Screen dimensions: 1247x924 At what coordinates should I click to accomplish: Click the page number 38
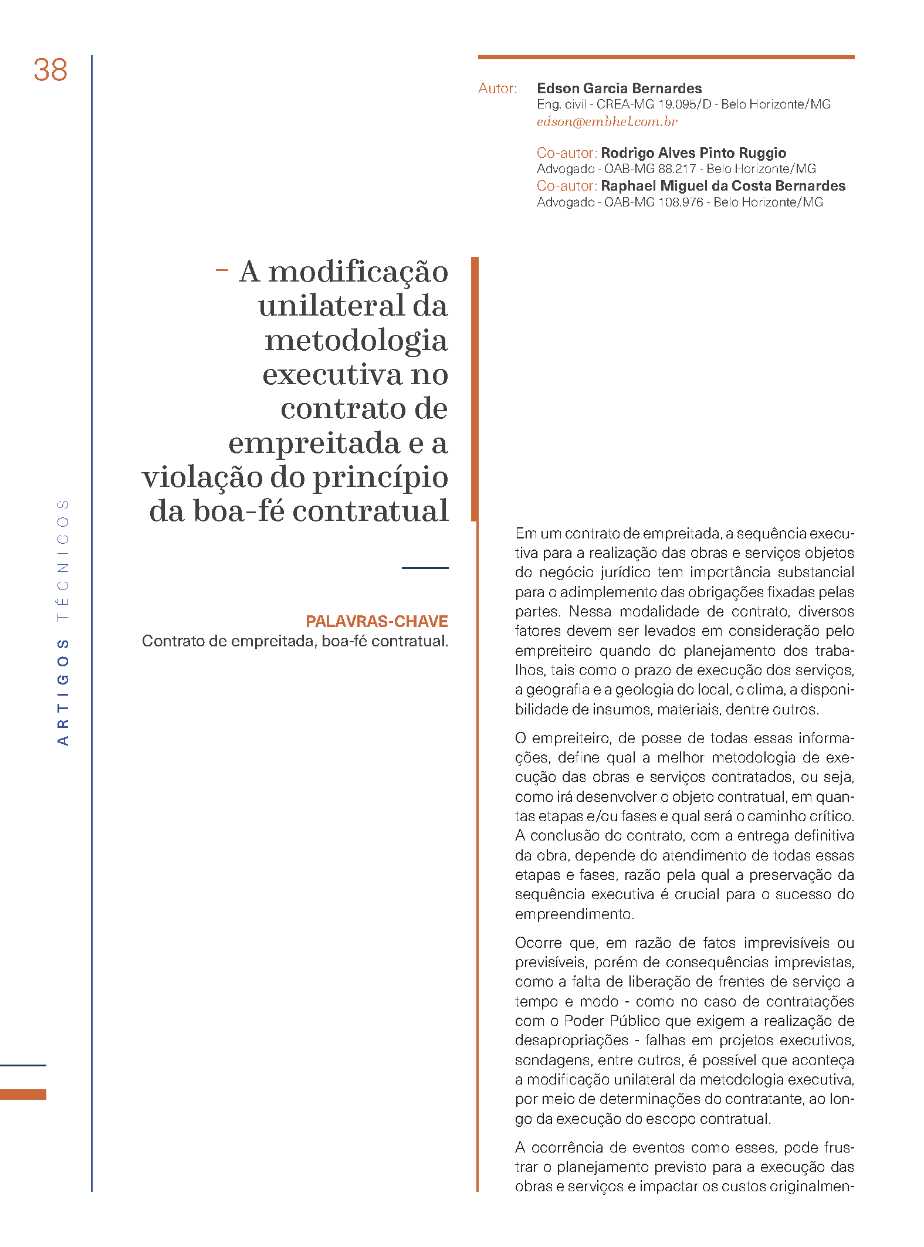50,70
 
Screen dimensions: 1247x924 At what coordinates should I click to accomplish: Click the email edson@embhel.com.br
607,122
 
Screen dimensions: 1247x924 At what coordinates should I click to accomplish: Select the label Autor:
497,89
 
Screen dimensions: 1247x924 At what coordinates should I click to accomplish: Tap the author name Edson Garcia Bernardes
619,89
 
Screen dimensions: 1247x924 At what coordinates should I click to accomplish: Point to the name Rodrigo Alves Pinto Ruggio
693,153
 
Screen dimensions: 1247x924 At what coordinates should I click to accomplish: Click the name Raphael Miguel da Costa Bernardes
723,186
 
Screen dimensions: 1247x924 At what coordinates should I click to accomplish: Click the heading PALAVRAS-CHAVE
377,621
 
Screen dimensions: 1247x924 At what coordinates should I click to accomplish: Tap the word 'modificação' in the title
358,272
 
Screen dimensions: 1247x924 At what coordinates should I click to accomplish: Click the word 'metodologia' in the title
356,341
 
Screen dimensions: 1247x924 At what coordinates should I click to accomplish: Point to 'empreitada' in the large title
314,443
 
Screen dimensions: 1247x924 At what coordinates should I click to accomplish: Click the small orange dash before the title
221,270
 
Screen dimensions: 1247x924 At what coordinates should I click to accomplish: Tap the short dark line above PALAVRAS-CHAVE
425,568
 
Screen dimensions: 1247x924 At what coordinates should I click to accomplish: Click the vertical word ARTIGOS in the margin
63,692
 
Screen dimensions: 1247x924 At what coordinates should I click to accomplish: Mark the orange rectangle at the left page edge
23,1094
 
